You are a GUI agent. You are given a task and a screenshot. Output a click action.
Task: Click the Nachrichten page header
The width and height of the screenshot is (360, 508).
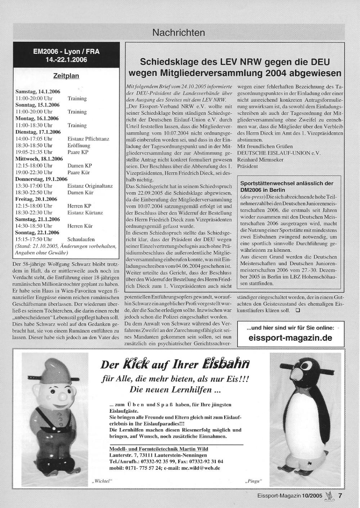(179, 33)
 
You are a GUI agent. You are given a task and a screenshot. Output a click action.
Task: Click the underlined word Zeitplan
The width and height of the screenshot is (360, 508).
(66, 76)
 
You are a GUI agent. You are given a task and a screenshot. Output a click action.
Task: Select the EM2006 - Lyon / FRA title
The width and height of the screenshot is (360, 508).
(66, 51)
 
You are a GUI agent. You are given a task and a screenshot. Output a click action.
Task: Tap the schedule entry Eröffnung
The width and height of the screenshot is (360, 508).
(79, 145)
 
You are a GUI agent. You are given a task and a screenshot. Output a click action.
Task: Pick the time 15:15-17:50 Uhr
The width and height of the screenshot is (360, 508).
(34, 239)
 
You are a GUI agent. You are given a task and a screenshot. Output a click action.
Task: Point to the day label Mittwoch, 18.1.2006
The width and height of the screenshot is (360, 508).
(39, 159)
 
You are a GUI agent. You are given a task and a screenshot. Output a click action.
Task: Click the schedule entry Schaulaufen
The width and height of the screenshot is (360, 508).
(81, 239)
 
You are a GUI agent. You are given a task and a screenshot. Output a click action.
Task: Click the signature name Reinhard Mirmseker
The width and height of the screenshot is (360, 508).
(260, 159)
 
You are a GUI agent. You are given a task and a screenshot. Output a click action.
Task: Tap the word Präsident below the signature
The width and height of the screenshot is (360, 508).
(248, 166)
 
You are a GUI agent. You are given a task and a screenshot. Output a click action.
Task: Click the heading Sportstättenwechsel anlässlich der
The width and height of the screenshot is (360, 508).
(287, 183)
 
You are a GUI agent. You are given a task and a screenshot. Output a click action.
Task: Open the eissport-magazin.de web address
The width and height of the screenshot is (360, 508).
(290, 338)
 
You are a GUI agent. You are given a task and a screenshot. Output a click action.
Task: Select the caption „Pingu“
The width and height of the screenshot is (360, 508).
(254, 481)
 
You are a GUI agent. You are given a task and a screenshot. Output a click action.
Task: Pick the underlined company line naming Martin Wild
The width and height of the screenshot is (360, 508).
(158, 449)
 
